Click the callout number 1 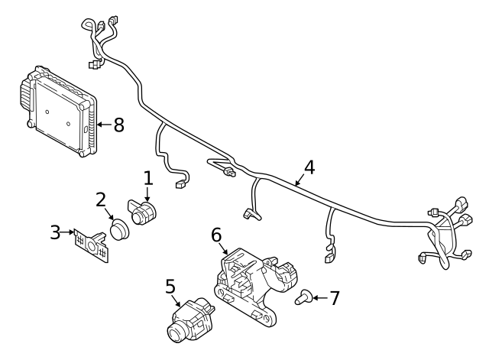click(147, 179)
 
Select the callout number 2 click(101, 200)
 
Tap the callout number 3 click(55, 232)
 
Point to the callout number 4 click(309, 167)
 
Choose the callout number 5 click(170, 287)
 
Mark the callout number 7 click(333, 297)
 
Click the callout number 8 click(118, 125)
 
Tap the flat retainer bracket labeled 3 click(91, 244)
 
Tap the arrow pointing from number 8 click(102, 125)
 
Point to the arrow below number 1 click(147, 196)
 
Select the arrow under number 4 click(301, 180)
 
